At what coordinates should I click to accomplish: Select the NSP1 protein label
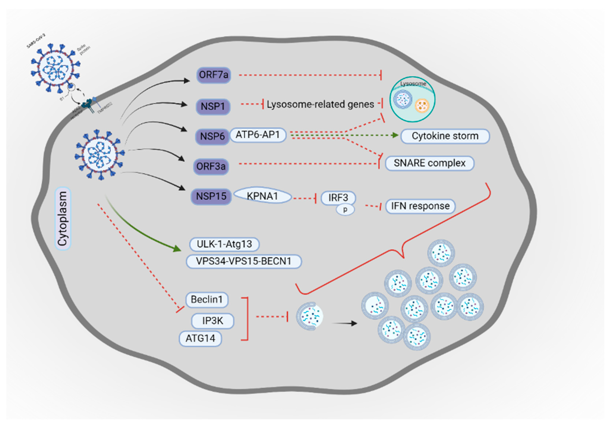point(213,107)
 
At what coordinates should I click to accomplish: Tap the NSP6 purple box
point(212,136)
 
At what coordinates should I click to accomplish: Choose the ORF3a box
point(211,167)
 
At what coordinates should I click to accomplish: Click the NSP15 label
point(211,196)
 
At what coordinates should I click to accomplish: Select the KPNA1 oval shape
point(262,196)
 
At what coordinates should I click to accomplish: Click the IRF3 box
point(338,198)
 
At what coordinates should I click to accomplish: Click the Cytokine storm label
point(445,136)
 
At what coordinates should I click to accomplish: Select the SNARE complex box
point(429,163)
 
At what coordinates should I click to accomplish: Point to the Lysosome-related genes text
point(320,104)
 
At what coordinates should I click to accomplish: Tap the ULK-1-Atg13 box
point(224,244)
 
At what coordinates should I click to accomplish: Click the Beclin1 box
point(207,300)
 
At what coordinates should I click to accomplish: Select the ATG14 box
point(200,338)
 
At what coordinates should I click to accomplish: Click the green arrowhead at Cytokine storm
point(395,135)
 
